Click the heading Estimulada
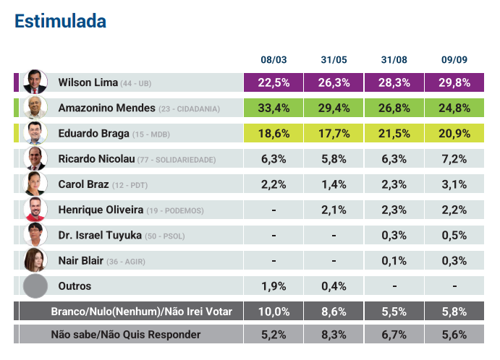click(x=60, y=22)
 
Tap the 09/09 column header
click(x=454, y=59)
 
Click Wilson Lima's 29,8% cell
click(x=454, y=82)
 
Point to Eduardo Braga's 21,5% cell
click(x=394, y=134)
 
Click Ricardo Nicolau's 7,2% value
click(x=454, y=159)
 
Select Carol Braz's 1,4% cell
click(x=334, y=185)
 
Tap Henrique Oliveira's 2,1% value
click(x=334, y=210)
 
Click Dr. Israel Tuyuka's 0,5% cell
click(x=454, y=236)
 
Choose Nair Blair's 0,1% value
click(x=394, y=261)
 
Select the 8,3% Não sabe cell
click(x=334, y=335)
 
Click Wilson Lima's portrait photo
click(x=35, y=82)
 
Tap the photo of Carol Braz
click(x=35, y=184)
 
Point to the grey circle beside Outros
click(x=35, y=286)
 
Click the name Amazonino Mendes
click(x=106, y=108)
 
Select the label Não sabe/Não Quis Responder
click(x=126, y=335)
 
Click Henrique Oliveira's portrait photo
click(x=35, y=210)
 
